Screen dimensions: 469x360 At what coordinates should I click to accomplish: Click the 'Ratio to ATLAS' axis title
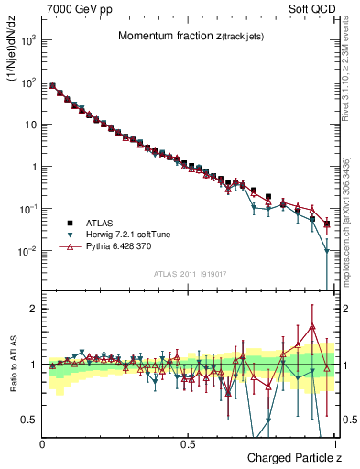(12, 366)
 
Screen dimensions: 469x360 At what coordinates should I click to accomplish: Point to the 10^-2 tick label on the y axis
(27, 251)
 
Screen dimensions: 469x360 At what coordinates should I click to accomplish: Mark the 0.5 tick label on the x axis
(188, 444)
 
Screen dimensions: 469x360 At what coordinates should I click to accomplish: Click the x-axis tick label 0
(43, 444)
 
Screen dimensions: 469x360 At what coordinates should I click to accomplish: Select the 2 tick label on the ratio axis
(34, 309)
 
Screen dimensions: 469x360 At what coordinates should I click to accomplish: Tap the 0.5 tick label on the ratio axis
(29, 420)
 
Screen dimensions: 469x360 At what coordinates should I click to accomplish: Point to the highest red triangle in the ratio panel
(312, 326)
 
